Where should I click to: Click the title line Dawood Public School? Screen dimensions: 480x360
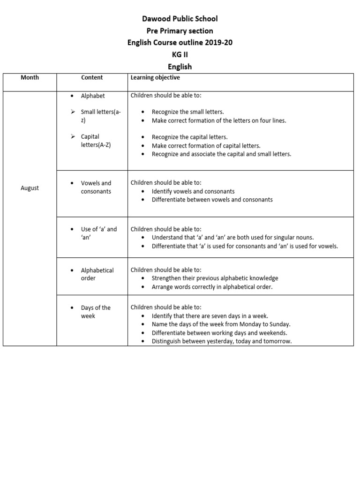click(180, 19)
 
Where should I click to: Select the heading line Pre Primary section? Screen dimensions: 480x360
click(180, 31)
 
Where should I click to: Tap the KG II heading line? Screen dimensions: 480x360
click(180, 55)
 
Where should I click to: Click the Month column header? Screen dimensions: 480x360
click(30, 77)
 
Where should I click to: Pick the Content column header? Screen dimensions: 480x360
click(92, 77)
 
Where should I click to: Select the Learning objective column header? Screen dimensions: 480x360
click(155, 77)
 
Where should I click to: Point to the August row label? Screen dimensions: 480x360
click(30, 188)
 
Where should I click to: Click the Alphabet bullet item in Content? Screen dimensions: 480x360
click(93, 96)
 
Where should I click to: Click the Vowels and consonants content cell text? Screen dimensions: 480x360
click(96, 187)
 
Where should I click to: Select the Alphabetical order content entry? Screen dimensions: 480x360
click(97, 274)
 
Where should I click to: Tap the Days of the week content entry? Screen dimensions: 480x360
click(96, 312)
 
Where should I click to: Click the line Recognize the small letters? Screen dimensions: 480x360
click(187, 112)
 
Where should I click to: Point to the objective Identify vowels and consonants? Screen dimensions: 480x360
click(193, 191)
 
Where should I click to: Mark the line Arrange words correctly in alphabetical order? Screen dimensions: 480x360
click(212, 287)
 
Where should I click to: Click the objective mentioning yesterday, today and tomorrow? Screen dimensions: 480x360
click(221, 341)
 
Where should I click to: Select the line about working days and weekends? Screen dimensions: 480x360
click(219, 333)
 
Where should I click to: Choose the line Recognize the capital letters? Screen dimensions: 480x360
click(189, 137)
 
